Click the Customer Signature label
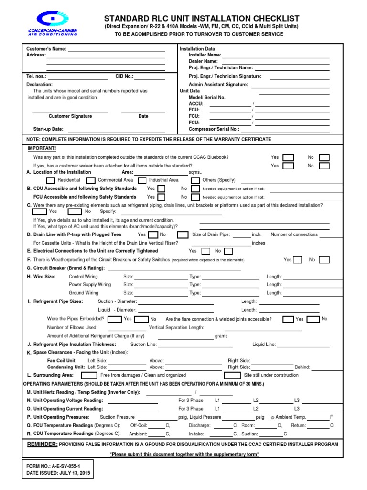tap(70, 116)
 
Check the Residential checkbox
tap(51, 180)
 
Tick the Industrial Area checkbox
tap(141, 180)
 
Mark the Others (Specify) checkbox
tap(195, 180)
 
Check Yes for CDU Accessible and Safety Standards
tap(162, 189)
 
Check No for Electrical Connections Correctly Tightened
tap(228, 251)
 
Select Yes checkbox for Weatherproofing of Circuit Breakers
tap(297, 260)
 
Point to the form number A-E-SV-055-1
tap(67, 465)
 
